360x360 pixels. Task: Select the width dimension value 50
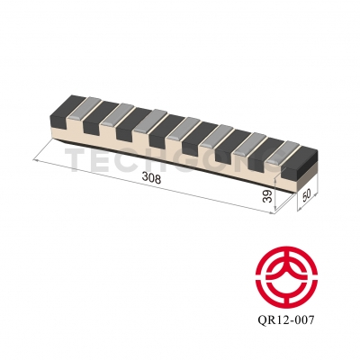[306, 195]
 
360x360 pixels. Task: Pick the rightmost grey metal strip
[282, 148]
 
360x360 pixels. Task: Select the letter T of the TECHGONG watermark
[77, 159]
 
